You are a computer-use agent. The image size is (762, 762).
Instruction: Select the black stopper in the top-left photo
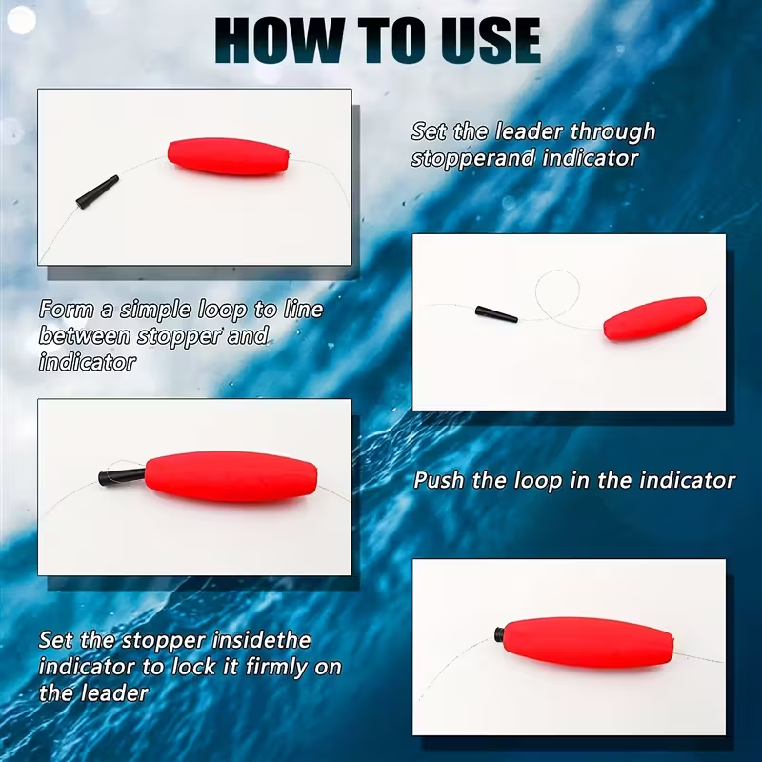click(97, 190)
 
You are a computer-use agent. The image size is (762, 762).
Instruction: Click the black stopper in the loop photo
click(496, 313)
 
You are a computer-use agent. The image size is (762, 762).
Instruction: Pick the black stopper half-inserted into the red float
click(119, 473)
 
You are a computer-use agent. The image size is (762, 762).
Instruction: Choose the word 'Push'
click(439, 480)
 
